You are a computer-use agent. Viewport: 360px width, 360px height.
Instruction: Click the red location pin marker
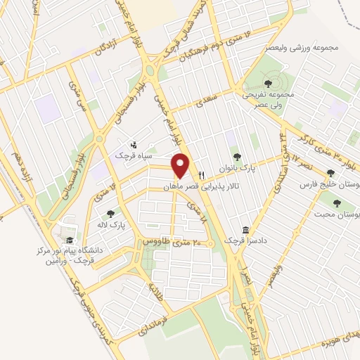point(181,165)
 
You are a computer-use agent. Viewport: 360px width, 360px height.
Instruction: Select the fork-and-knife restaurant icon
point(201,175)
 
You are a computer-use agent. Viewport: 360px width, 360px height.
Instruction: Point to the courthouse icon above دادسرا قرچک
point(245,230)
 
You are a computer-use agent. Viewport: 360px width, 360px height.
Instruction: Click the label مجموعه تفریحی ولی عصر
point(273,101)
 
